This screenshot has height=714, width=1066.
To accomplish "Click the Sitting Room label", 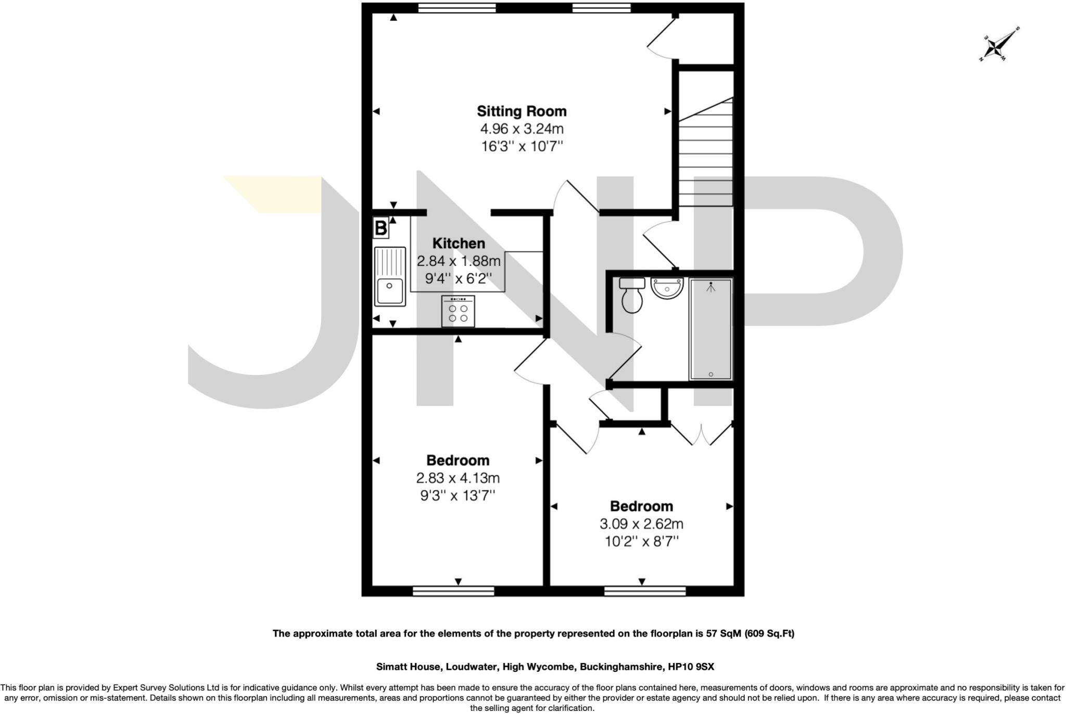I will click(x=522, y=111).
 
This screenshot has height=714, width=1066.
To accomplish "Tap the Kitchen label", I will click(x=459, y=244).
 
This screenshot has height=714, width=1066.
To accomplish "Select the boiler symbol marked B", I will click(x=381, y=228).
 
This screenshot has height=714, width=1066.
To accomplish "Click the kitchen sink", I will click(x=390, y=276).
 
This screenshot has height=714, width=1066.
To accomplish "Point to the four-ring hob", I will click(x=458, y=312).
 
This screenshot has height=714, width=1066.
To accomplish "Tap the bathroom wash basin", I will click(x=667, y=288).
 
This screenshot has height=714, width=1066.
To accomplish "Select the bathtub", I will click(x=711, y=328).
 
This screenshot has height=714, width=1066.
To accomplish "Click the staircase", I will click(x=706, y=156).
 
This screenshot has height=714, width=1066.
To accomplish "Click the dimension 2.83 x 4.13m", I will click(x=458, y=478).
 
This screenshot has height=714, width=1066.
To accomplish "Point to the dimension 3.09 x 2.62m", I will click(x=641, y=524).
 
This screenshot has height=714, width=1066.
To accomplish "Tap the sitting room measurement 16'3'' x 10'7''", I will click(x=522, y=146).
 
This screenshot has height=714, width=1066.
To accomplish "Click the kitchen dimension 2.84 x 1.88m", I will click(x=459, y=261).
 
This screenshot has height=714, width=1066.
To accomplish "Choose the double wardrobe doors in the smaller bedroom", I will click(x=702, y=434).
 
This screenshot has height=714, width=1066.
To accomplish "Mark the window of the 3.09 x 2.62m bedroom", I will click(x=645, y=591).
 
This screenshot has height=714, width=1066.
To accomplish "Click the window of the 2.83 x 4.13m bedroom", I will click(x=453, y=591).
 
